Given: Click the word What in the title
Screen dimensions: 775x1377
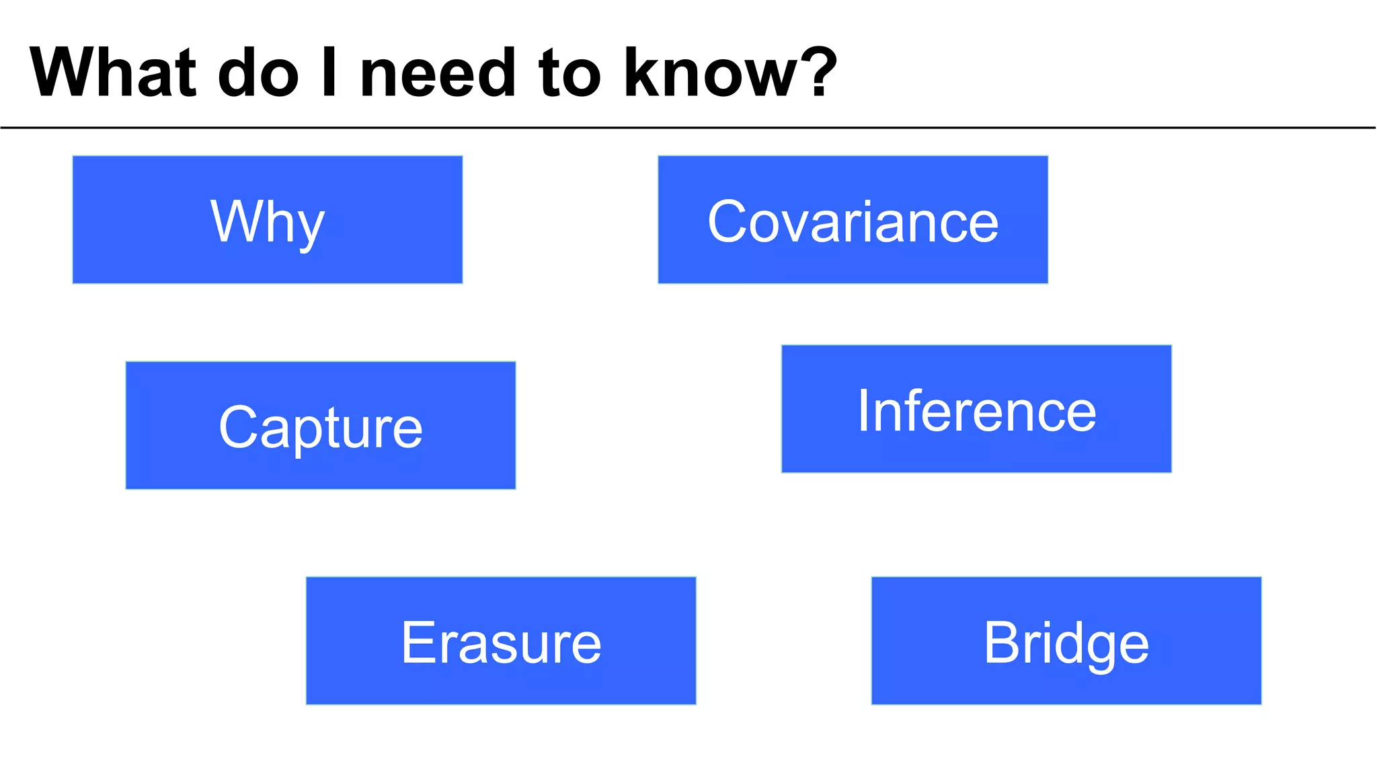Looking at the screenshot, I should click(113, 73).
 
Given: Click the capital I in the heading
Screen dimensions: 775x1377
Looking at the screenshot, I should click(329, 73).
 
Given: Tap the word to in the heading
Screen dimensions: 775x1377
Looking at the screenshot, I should click(569, 73).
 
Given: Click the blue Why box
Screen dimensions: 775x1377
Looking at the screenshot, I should click(268, 220).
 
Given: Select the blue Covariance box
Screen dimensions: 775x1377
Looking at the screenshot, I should click(853, 220).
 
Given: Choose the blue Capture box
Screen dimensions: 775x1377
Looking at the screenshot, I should click(321, 425).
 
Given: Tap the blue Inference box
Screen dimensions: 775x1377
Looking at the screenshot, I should click(976, 409).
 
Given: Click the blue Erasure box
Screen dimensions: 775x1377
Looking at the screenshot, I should click(501, 640).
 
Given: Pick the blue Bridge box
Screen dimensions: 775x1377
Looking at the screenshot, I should click(1066, 640).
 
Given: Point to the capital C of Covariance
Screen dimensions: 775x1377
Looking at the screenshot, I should click(728, 221).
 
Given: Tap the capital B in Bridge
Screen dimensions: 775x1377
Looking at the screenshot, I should click(1001, 642).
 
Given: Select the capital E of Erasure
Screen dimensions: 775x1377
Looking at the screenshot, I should click(417, 642).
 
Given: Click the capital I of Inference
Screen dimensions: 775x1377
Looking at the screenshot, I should click(863, 410).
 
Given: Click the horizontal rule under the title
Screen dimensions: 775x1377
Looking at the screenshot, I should click(688, 127).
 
